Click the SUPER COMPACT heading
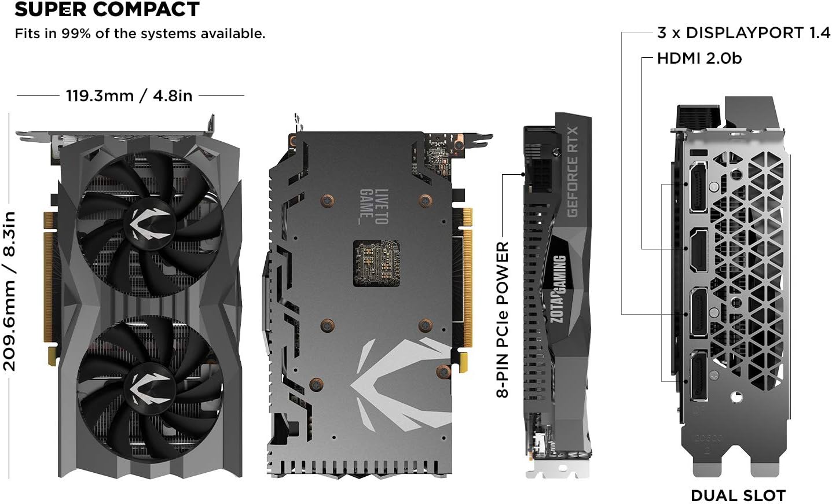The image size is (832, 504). (107, 10)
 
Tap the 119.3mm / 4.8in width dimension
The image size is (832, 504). (129, 95)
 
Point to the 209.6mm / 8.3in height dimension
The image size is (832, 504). (10, 291)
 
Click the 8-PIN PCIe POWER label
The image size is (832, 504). (502, 319)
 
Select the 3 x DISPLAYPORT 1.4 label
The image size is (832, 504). (743, 33)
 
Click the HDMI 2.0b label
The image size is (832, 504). (699, 58)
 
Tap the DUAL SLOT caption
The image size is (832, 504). (738, 495)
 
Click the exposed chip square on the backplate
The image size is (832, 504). (379, 264)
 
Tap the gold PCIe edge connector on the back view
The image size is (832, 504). (466, 278)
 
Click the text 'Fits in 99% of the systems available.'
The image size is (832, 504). (140, 34)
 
